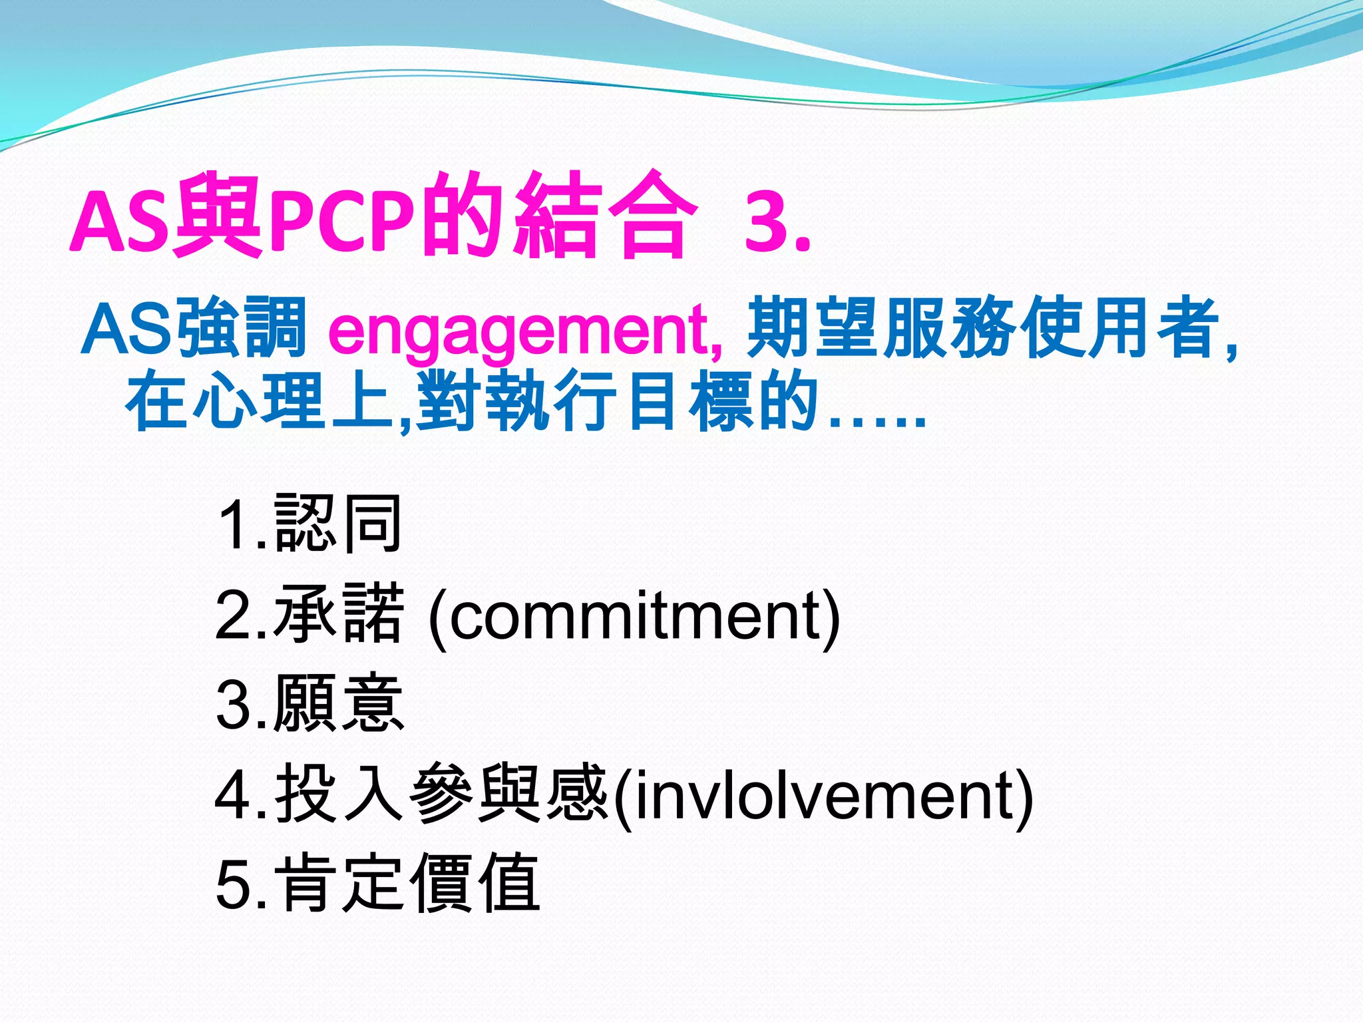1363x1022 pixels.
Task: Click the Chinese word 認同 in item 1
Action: point(338,524)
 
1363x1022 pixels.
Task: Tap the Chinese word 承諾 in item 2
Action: point(338,613)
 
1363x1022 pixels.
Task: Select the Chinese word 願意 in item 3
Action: point(338,703)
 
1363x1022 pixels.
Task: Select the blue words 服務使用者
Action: point(1052,328)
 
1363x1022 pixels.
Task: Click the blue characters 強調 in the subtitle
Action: point(244,328)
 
